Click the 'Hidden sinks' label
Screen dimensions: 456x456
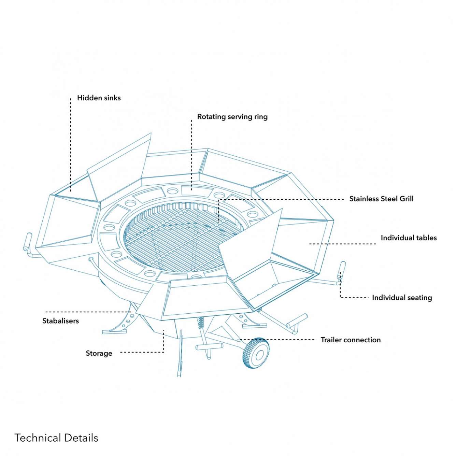tap(99, 98)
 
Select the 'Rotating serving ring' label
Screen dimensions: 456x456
tap(232, 117)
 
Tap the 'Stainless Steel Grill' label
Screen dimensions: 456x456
tap(381, 199)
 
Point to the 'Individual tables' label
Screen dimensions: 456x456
tap(409, 238)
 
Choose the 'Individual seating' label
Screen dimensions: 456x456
tap(402, 298)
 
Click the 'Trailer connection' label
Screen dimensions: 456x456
tap(351, 340)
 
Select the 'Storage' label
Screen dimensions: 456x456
tap(99, 353)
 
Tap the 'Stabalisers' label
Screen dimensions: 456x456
tap(60, 321)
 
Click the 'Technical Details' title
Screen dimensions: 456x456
tap(56, 438)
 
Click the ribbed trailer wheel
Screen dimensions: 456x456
tap(256, 353)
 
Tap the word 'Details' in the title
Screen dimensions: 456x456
tap(81, 438)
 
